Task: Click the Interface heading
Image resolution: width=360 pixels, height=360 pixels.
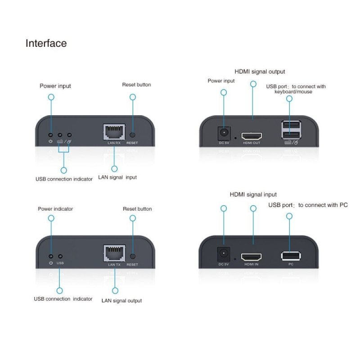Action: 46,43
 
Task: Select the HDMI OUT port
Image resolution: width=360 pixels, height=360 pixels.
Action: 251,136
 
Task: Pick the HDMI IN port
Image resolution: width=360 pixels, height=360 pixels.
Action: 251,257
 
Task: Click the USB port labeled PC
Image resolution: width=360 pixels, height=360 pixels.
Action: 291,256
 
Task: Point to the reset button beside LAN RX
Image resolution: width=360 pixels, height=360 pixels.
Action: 133,135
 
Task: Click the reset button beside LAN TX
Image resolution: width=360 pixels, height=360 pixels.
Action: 133,256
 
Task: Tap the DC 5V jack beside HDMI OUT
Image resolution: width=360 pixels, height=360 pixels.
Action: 223,134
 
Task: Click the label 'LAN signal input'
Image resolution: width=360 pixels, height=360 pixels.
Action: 117,177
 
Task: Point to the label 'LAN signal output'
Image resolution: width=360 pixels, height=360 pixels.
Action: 121,301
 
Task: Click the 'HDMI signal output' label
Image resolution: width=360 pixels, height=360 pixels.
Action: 260,72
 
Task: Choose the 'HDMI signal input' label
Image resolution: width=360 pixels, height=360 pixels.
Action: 253,194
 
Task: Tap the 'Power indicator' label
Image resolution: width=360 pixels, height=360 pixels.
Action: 55,209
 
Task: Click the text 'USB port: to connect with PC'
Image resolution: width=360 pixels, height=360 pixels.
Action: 308,205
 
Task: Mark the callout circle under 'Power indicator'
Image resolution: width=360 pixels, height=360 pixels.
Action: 51,218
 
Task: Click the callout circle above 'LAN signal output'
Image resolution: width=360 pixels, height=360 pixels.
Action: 115,290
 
